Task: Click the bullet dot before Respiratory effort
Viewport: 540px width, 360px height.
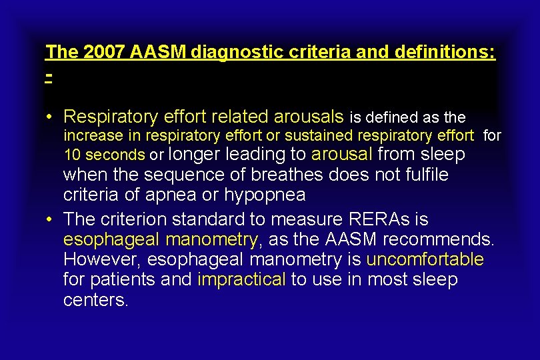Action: click(50, 117)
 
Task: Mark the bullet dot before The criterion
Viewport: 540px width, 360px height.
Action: click(50, 219)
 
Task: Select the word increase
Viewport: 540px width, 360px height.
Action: click(93, 136)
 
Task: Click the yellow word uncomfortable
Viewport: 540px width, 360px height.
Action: click(425, 259)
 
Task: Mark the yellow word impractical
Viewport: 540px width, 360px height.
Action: click(242, 279)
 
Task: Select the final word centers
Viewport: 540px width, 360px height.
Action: click(95, 300)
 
